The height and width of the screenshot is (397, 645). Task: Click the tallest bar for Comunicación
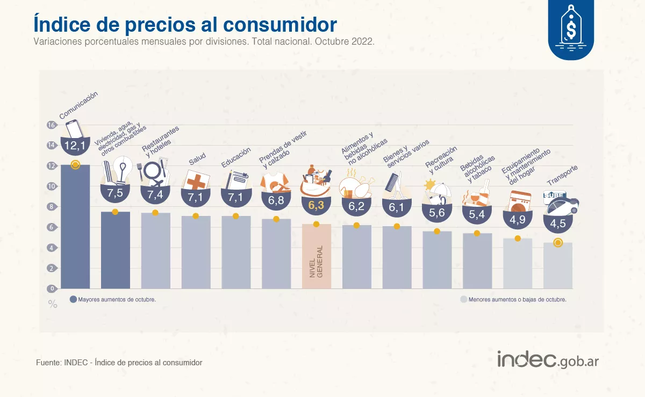(75, 226)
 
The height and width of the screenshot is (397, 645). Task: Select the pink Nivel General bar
(316, 256)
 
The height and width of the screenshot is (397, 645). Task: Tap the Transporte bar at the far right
(557, 265)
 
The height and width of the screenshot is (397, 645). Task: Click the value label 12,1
(75, 146)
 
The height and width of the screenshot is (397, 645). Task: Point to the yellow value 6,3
(316, 205)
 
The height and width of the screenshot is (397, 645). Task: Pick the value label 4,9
(517, 219)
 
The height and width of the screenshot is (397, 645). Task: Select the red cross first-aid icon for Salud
(196, 181)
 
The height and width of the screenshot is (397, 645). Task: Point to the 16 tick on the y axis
(51, 125)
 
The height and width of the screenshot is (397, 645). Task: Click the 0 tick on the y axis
(51, 288)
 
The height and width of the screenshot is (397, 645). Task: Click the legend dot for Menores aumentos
(463, 300)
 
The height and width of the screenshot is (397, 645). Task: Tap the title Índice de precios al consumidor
(185, 24)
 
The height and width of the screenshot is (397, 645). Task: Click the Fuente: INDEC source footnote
(119, 363)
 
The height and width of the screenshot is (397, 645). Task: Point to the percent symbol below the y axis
(53, 304)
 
